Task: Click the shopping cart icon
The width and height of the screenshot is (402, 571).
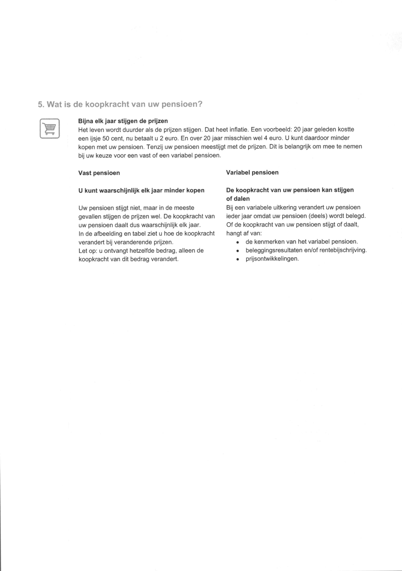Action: [x=49, y=128]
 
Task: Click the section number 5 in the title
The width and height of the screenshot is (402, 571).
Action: [x=40, y=105]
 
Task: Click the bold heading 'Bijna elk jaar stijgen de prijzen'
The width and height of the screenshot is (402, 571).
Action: [x=123, y=121]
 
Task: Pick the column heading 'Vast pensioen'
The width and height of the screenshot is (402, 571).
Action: [x=99, y=173]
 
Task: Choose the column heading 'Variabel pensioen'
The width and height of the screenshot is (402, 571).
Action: [x=252, y=173]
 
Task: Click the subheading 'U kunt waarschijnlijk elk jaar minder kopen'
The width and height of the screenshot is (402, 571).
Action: [x=141, y=190]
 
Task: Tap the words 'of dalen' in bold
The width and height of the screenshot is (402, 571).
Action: [x=238, y=199]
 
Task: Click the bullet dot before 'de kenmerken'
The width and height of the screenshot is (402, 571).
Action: [x=237, y=242]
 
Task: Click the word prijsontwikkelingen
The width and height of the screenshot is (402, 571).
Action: [x=272, y=259]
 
